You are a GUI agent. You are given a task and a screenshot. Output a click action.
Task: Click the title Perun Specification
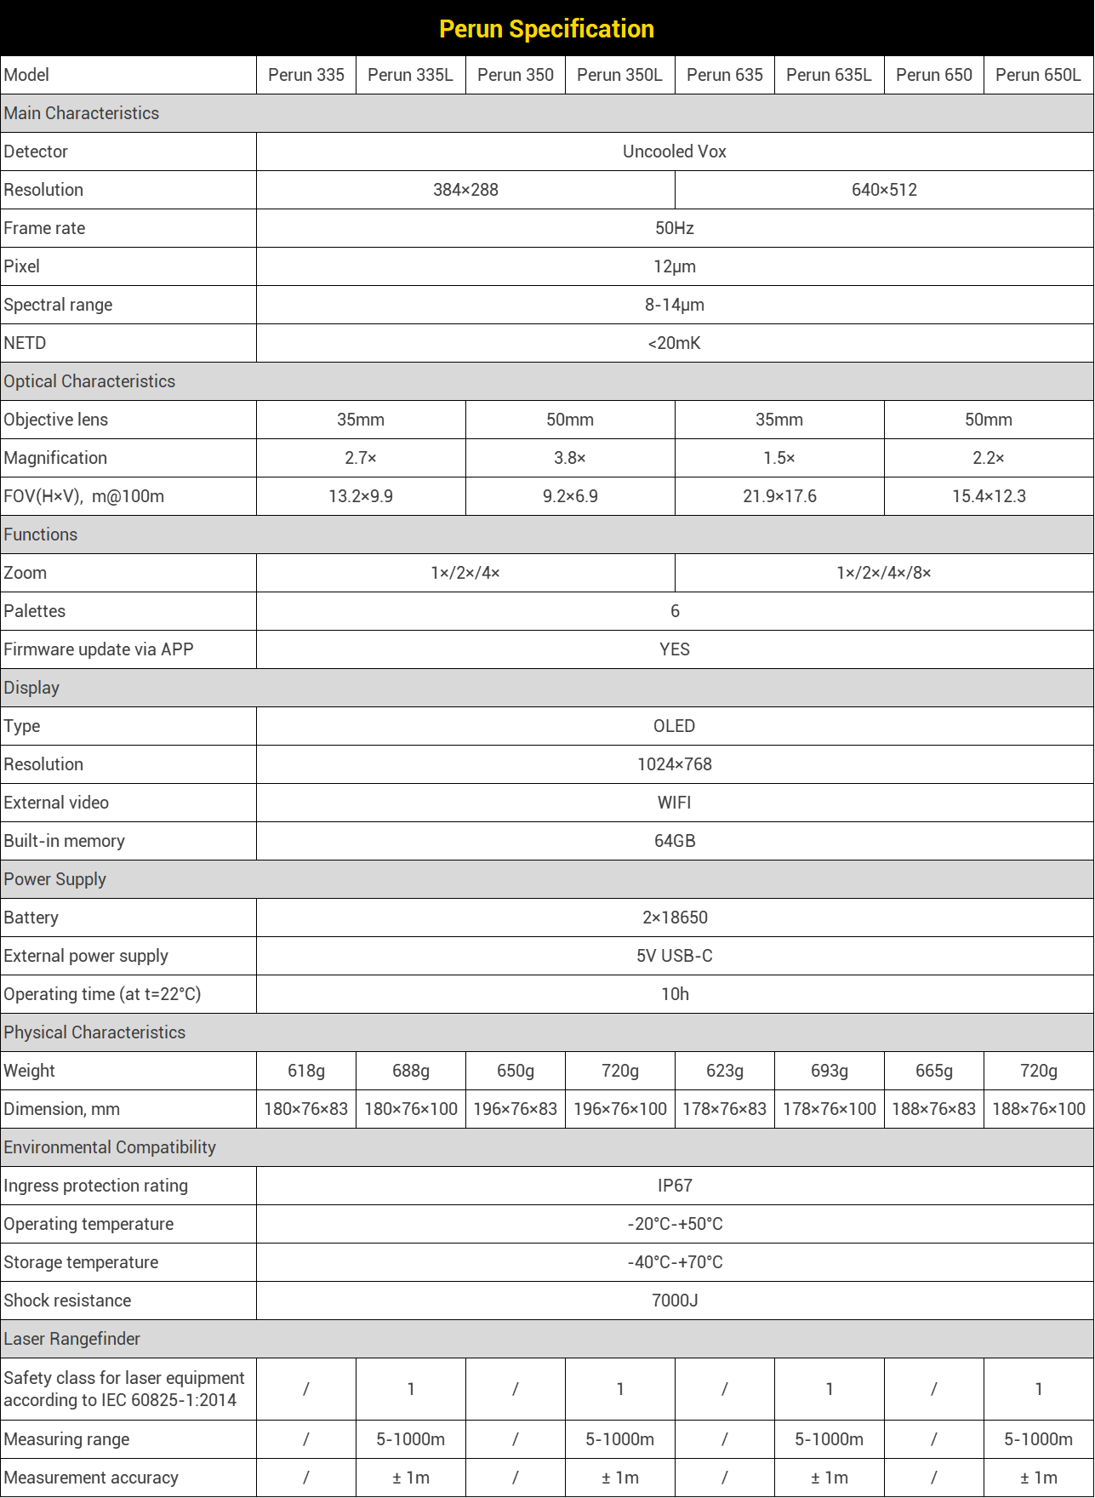pyautogui.click(x=546, y=29)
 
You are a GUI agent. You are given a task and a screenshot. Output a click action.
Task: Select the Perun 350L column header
pyautogui.click(x=619, y=75)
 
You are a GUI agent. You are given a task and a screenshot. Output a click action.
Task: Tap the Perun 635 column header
pyautogui.click(x=724, y=75)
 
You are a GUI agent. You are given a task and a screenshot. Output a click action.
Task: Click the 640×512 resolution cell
pyautogui.click(x=884, y=190)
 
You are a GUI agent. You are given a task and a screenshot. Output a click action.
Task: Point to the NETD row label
pyautogui.click(x=25, y=343)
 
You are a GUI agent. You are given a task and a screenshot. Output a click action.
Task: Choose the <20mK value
pyautogui.click(x=674, y=343)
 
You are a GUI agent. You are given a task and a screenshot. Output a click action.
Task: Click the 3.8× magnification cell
pyautogui.click(x=569, y=458)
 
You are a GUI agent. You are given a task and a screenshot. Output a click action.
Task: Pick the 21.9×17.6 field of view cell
pyautogui.click(x=779, y=496)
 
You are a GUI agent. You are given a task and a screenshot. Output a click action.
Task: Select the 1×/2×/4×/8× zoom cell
pyautogui.click(x=883, y=573)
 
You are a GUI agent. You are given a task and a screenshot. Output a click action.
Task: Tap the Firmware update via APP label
pyautogui.click(x=99, y=649)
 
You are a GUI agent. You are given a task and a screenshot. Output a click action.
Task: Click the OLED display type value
pyautogui.click(x=674, y=726)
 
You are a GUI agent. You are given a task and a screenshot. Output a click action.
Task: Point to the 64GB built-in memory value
pyautogui.click(x=674, y=841)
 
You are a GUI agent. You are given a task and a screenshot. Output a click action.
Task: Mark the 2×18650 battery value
pyautogui.click(x=674, y=918)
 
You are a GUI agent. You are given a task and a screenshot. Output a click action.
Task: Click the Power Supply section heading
pyautogui.click(x=55, y=879)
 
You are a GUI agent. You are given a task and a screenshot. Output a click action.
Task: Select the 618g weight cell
pyautogui.click(x=305, y=1071)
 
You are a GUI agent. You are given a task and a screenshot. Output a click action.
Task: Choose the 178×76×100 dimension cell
pyautogui.click(x=829, y=1109)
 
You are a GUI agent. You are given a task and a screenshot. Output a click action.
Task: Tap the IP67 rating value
pyautogui.click(x=674, y=1186)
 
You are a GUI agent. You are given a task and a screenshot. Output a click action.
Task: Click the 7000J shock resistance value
pyautogui.click(x=674, y=1301)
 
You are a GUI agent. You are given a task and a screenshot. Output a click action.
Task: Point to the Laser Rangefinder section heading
pyautogui.click(x=72, y=1339)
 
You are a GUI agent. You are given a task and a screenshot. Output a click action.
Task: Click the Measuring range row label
pyautogui.click(x=67, y=1439)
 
